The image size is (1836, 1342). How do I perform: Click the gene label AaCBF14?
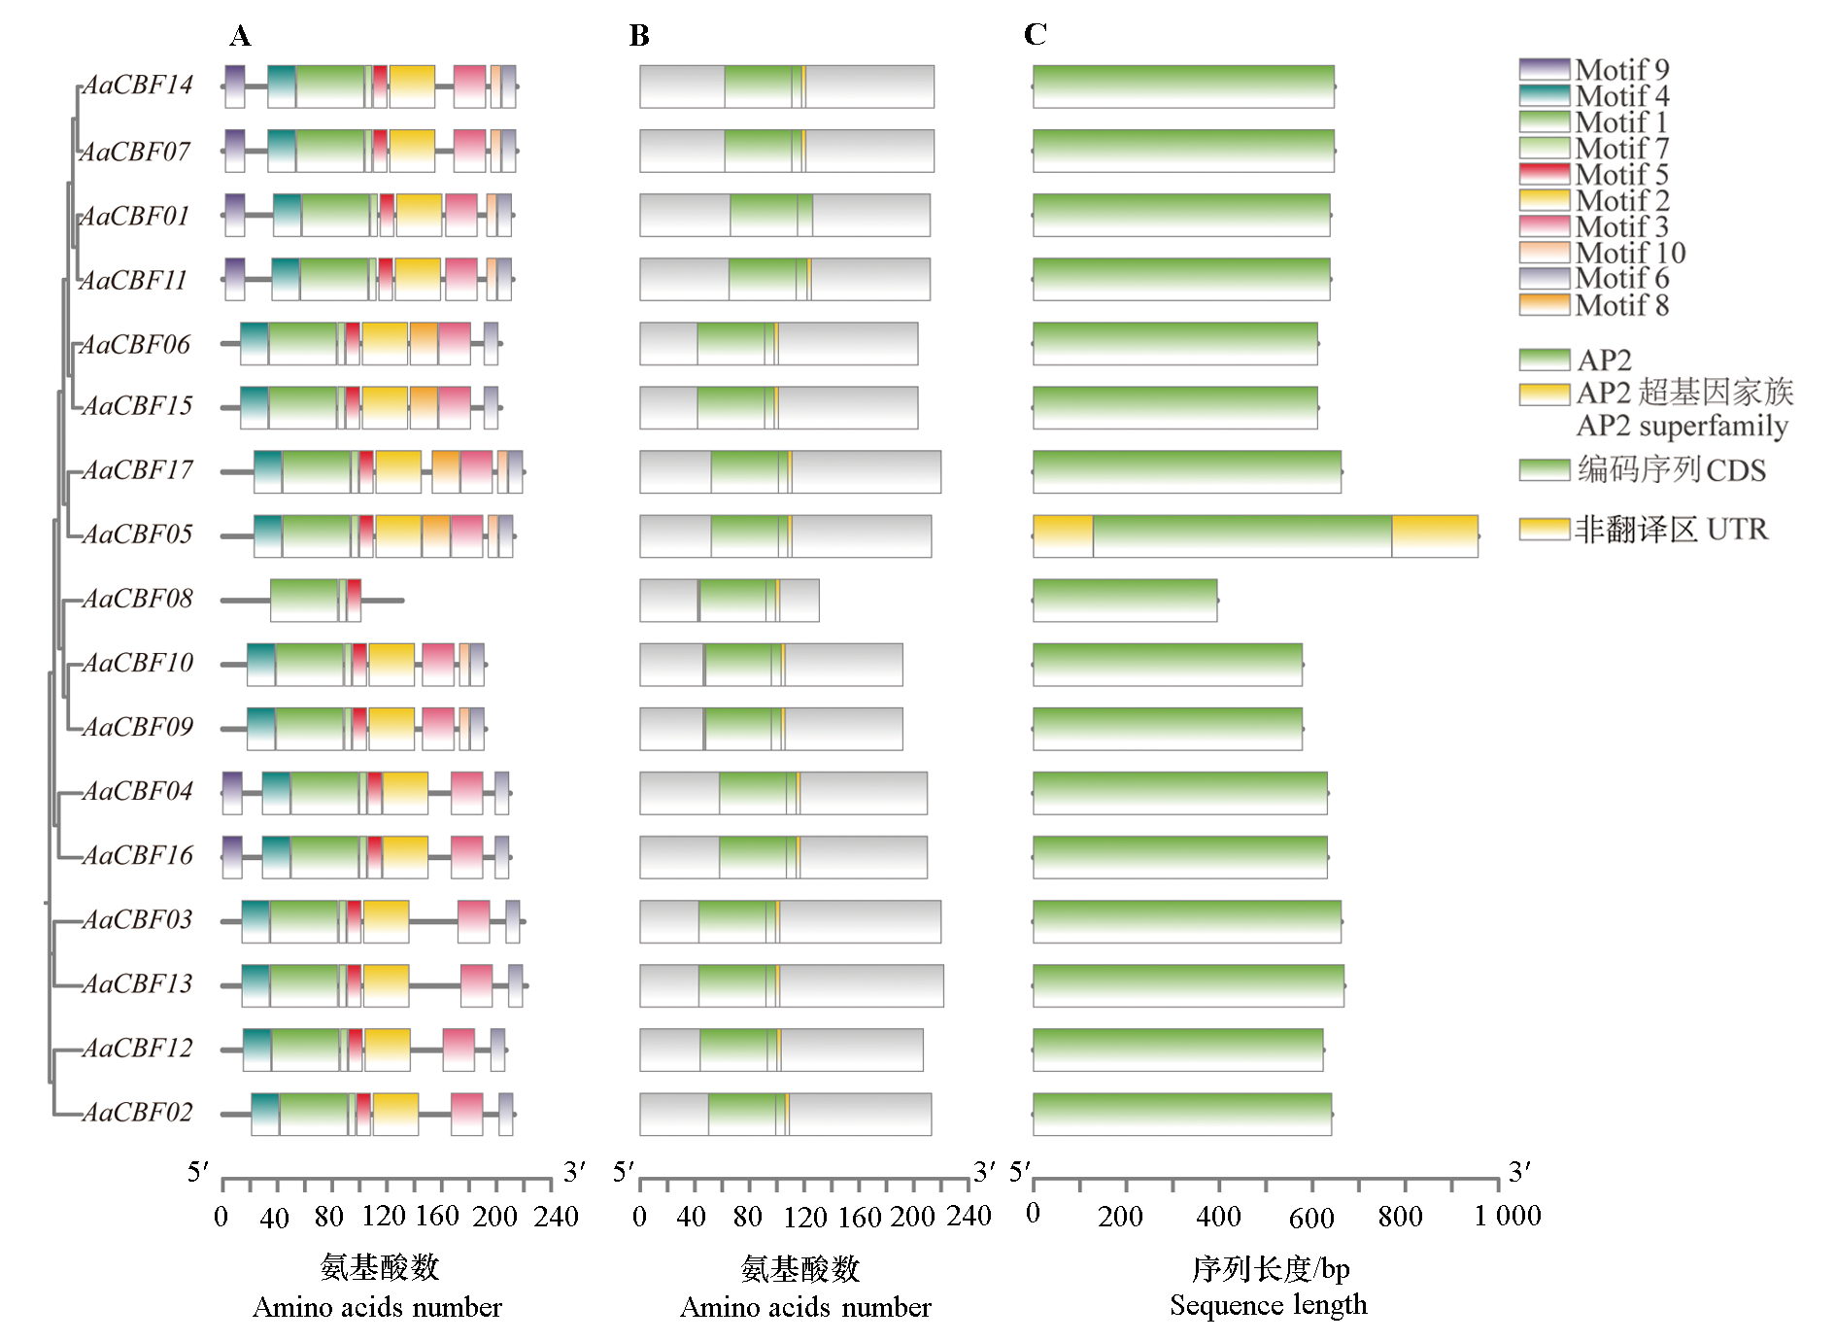click(137, 86)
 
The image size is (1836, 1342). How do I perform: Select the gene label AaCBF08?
click(137, 599)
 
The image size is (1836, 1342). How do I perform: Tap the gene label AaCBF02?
click(137, 1112)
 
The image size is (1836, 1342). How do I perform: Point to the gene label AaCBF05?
click(137, 534)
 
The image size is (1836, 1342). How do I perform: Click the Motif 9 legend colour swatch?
click(1544, 69)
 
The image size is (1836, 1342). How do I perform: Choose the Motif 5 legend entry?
click(1621, 175)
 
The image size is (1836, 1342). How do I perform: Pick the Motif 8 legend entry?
click(1621, 305)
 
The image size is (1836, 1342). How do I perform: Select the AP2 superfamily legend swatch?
click(1544, 394)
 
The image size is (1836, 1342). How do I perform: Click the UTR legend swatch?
click(1544, 529)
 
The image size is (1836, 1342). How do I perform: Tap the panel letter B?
click(638, 36)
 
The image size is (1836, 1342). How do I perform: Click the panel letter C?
click(1035, 35)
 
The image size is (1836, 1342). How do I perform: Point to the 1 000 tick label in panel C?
click(1507, 1216)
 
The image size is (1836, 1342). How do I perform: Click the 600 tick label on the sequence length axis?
click(1310, 1217)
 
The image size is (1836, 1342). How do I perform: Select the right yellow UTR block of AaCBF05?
click(1434, 536)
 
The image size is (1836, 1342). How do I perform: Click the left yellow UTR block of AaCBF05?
click(1063, 536)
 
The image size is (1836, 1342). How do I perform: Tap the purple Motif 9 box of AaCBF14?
click(234, 86)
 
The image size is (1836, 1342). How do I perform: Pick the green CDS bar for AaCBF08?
click(1124, 601)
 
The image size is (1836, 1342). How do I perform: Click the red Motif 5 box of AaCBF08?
click(354, 601)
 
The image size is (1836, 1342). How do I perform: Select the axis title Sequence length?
click(1268, 1305)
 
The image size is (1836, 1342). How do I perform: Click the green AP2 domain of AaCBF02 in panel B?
click(741, 1114)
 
